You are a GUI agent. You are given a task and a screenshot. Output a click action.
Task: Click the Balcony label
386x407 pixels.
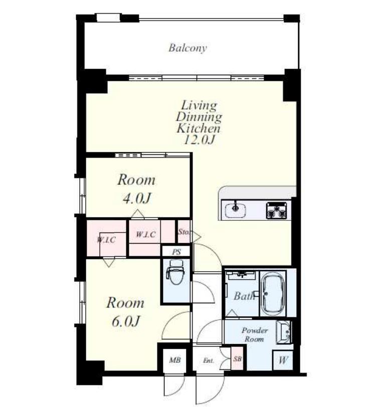pos(187,48)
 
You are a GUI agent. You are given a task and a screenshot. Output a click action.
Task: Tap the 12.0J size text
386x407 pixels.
pos(199,140)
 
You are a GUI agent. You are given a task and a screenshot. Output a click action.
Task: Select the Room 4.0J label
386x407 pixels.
pos(136,189)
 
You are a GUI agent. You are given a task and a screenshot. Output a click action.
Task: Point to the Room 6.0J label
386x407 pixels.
pos(125,312)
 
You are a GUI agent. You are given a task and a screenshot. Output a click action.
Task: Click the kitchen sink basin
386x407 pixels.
pos(236,210)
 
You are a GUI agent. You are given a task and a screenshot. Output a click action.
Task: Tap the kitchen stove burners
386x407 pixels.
pos(277,210)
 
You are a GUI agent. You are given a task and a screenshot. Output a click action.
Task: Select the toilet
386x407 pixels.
pos(176,273)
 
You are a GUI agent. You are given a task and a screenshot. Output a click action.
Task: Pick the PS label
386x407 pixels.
pos(176,252)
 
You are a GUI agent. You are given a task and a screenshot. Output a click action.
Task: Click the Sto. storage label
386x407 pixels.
pos(184,232)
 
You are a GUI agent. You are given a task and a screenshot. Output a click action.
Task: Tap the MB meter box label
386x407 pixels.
pos(174,360)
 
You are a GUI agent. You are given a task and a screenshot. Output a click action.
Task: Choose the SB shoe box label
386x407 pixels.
pos(237,359)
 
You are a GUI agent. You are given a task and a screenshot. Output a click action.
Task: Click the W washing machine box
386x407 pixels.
pos(283,360)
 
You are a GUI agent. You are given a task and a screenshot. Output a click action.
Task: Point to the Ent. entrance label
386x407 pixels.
pos(209,360)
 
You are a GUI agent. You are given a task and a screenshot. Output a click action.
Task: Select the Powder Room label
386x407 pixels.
pos(254,335)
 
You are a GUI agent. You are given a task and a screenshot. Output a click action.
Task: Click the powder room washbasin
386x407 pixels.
pos(283,332)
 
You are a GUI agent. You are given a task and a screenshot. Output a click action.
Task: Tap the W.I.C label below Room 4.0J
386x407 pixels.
pos(146,235)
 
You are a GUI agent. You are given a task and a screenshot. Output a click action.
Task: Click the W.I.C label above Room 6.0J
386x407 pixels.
pos(106,240)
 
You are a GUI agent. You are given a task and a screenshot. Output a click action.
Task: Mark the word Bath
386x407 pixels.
pos(244,296)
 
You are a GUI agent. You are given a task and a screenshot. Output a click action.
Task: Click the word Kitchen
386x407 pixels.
pos(199,128)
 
